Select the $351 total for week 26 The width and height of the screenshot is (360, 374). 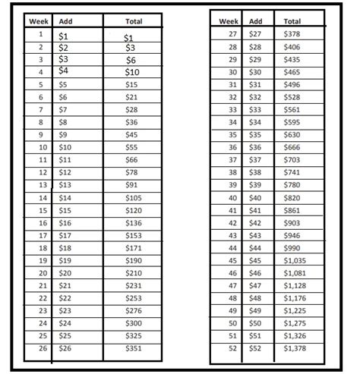134,348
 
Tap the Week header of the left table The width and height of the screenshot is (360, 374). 39,21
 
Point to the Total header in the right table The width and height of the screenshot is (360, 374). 292,21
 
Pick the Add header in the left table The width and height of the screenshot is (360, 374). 66,21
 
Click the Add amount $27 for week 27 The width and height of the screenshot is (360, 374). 256,34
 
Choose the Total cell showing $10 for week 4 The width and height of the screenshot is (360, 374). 134,72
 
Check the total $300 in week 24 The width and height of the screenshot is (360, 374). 134,322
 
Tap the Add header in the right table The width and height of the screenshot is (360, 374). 256,21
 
